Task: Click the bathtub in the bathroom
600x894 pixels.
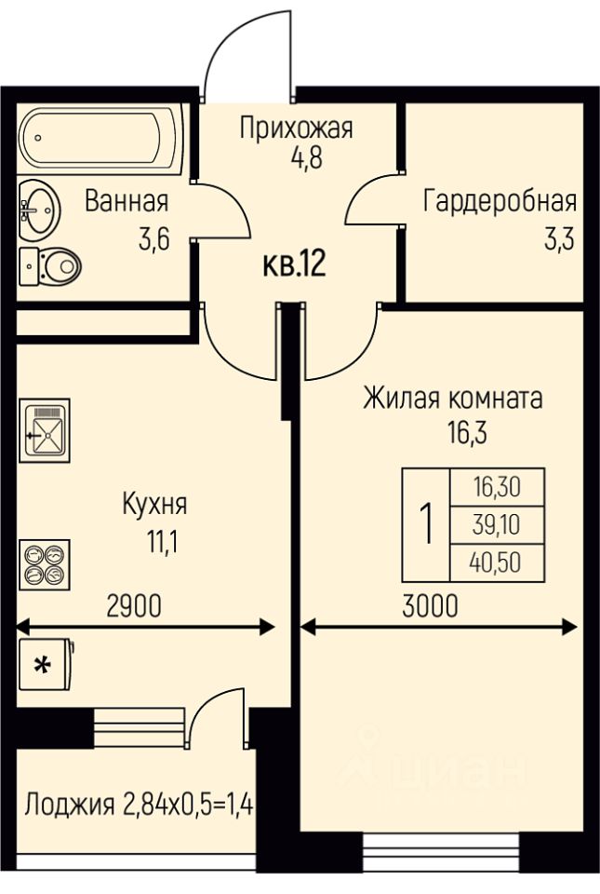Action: coord(99,139)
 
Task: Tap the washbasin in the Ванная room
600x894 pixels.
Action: coord(39,210)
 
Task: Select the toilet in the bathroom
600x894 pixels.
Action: coord(50,265)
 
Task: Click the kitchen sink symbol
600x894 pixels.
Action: coord(45,430)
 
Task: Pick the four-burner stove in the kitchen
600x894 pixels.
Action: coord(45,564)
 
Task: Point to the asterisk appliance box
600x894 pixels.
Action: coord(46,664)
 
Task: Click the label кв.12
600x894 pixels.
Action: coord(294,264)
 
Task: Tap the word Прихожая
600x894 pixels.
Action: coord(296,128)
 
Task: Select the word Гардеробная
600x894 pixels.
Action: coord(500,201)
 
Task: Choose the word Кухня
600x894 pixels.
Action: coord(154,505)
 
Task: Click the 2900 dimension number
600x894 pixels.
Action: coord(134,605)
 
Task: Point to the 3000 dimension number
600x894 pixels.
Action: coord(430,605)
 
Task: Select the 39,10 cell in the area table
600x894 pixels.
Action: coord(497,524)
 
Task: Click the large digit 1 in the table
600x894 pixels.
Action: coord(426,524)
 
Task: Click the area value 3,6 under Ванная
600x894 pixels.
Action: coord(154,239)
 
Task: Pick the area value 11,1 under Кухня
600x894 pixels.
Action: coord(163,542)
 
